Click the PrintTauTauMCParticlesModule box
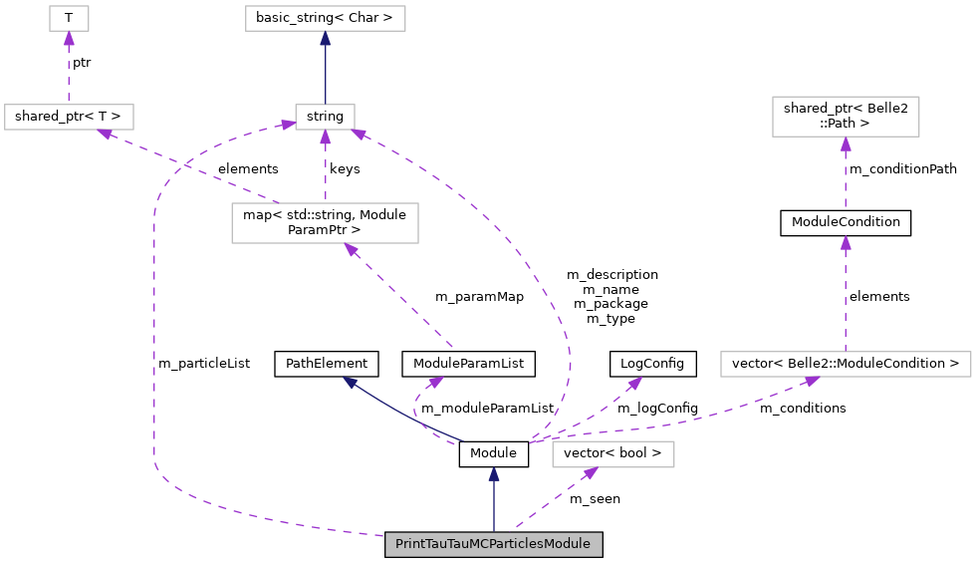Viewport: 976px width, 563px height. [x=493, y=544]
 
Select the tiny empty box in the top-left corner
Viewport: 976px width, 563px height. [x=69, y=18]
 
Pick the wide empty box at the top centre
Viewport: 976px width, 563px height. [x=325, y=18]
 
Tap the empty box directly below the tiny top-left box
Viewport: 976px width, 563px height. [x=69, y=117]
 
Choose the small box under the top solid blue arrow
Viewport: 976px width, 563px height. [x=325, y=117]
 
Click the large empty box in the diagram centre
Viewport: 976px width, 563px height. [x=325, y=223]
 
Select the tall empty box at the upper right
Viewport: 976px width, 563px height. [x=846, y=117]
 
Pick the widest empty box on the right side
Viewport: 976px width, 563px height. [x=846, y=364]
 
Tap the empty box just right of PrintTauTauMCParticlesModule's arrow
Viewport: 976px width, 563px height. [x=612, y=454]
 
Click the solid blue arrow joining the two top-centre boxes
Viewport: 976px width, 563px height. [x=325, y=70]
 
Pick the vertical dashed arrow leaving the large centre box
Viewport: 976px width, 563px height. [x=325, y=169]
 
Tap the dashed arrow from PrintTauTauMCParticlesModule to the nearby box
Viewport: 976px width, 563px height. [x=553, y=497]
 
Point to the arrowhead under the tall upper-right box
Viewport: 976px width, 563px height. [x=846, y=144]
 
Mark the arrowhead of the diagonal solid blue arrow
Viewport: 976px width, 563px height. [x=350, y=382]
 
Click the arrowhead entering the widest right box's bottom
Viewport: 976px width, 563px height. [x=811, y=381]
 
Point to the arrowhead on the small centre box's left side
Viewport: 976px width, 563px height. [x=288, y=125]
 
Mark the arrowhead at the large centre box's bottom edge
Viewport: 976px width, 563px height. [x=351, y=249]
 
